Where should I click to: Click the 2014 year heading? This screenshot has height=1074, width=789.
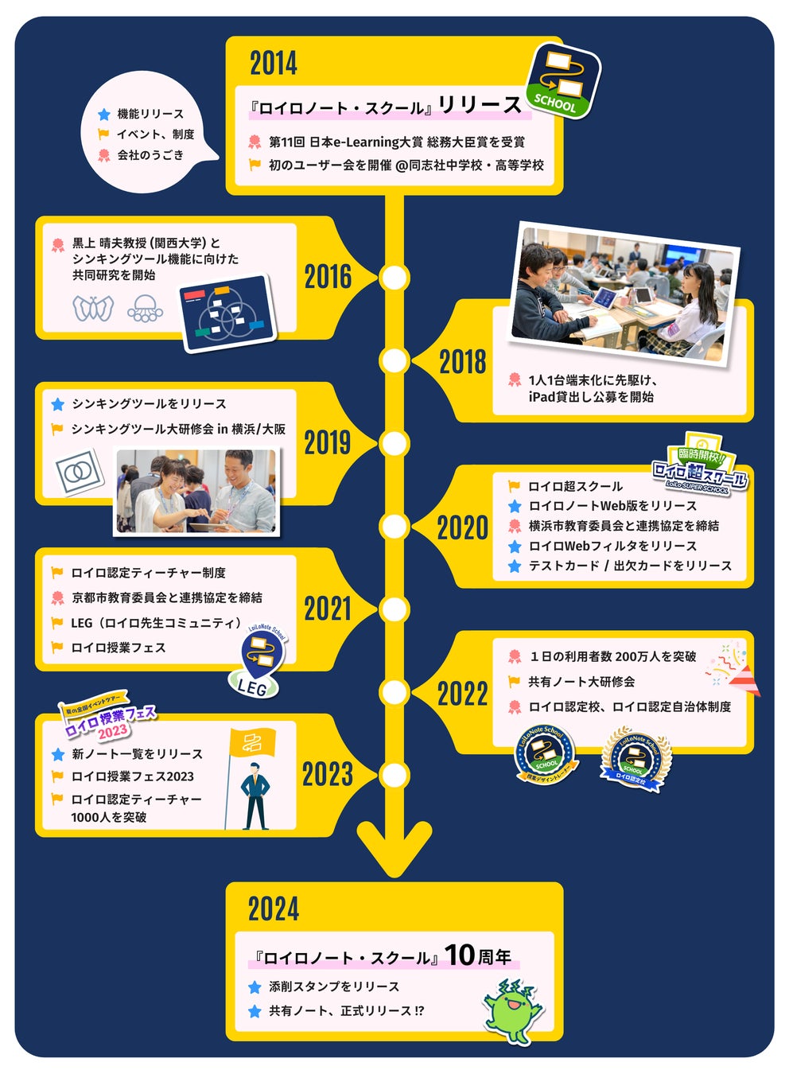[x=274, y=64]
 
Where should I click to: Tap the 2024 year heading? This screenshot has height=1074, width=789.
[x=274, y=909]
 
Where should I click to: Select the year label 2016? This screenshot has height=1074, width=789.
[x=328, y=278]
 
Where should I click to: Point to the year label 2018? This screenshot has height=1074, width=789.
[x=462, y=362]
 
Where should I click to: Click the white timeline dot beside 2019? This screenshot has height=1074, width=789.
[x=394, y=443]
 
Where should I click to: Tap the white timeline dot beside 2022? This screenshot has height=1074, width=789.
[x=394, y=692]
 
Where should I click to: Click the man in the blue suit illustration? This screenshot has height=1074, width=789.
[x=255, y=796]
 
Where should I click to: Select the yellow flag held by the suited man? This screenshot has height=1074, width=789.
[x=252, y=743]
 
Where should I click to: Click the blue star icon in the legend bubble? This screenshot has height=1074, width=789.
[x=104, y=115]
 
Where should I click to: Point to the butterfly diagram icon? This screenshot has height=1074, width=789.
[x=93, y=308]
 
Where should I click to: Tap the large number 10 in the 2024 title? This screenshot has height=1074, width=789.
[x=459, y=955]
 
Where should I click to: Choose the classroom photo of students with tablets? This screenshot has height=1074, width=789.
[x=625, y=294]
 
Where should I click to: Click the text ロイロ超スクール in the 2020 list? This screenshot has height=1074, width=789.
[x=575, y=486]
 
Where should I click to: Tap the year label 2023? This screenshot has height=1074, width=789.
[x=327, y=774]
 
